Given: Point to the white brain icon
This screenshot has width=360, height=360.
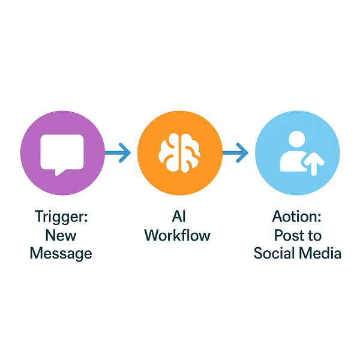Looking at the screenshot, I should (x=180, y=154).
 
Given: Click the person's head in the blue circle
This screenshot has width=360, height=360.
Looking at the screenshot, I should (x=296, y=142).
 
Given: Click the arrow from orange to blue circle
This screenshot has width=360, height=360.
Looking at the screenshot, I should (x=235, y=154).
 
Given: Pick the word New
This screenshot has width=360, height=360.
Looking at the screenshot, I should (x=61, y=235).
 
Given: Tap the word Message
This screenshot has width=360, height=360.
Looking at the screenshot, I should (x=61, y=253).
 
